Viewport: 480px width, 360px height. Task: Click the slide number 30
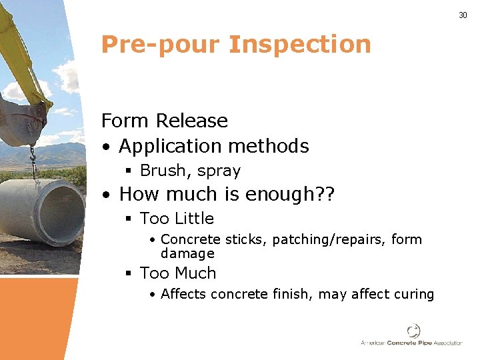pos(463,15)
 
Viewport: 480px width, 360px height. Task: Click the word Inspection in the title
pos(299,44)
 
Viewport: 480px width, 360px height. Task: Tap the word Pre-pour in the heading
pos(160,44)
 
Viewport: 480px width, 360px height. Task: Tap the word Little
pos(194,219)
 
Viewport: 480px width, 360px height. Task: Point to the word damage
pos(187,253)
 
